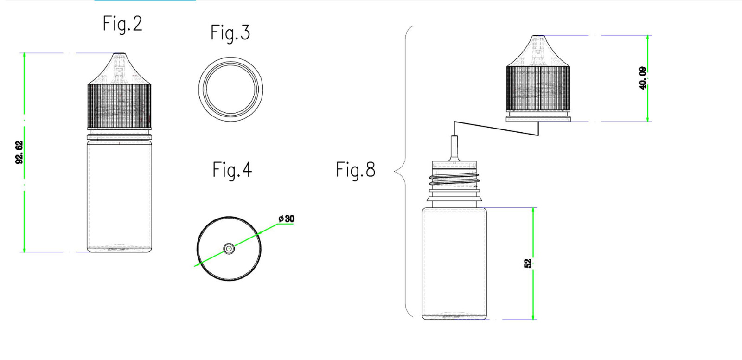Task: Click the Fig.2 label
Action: coord(122,24)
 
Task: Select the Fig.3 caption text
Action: coord(230,33)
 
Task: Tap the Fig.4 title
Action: coord(232,170)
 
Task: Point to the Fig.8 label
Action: coord(355,170)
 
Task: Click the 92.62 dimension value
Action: coord(19,152)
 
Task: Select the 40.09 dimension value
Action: coord(642,78)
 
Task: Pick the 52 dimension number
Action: coord(528,264)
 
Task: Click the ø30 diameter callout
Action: coord(287,219)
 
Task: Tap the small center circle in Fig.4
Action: coord(229,248)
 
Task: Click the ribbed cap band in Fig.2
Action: coord(119,106)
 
